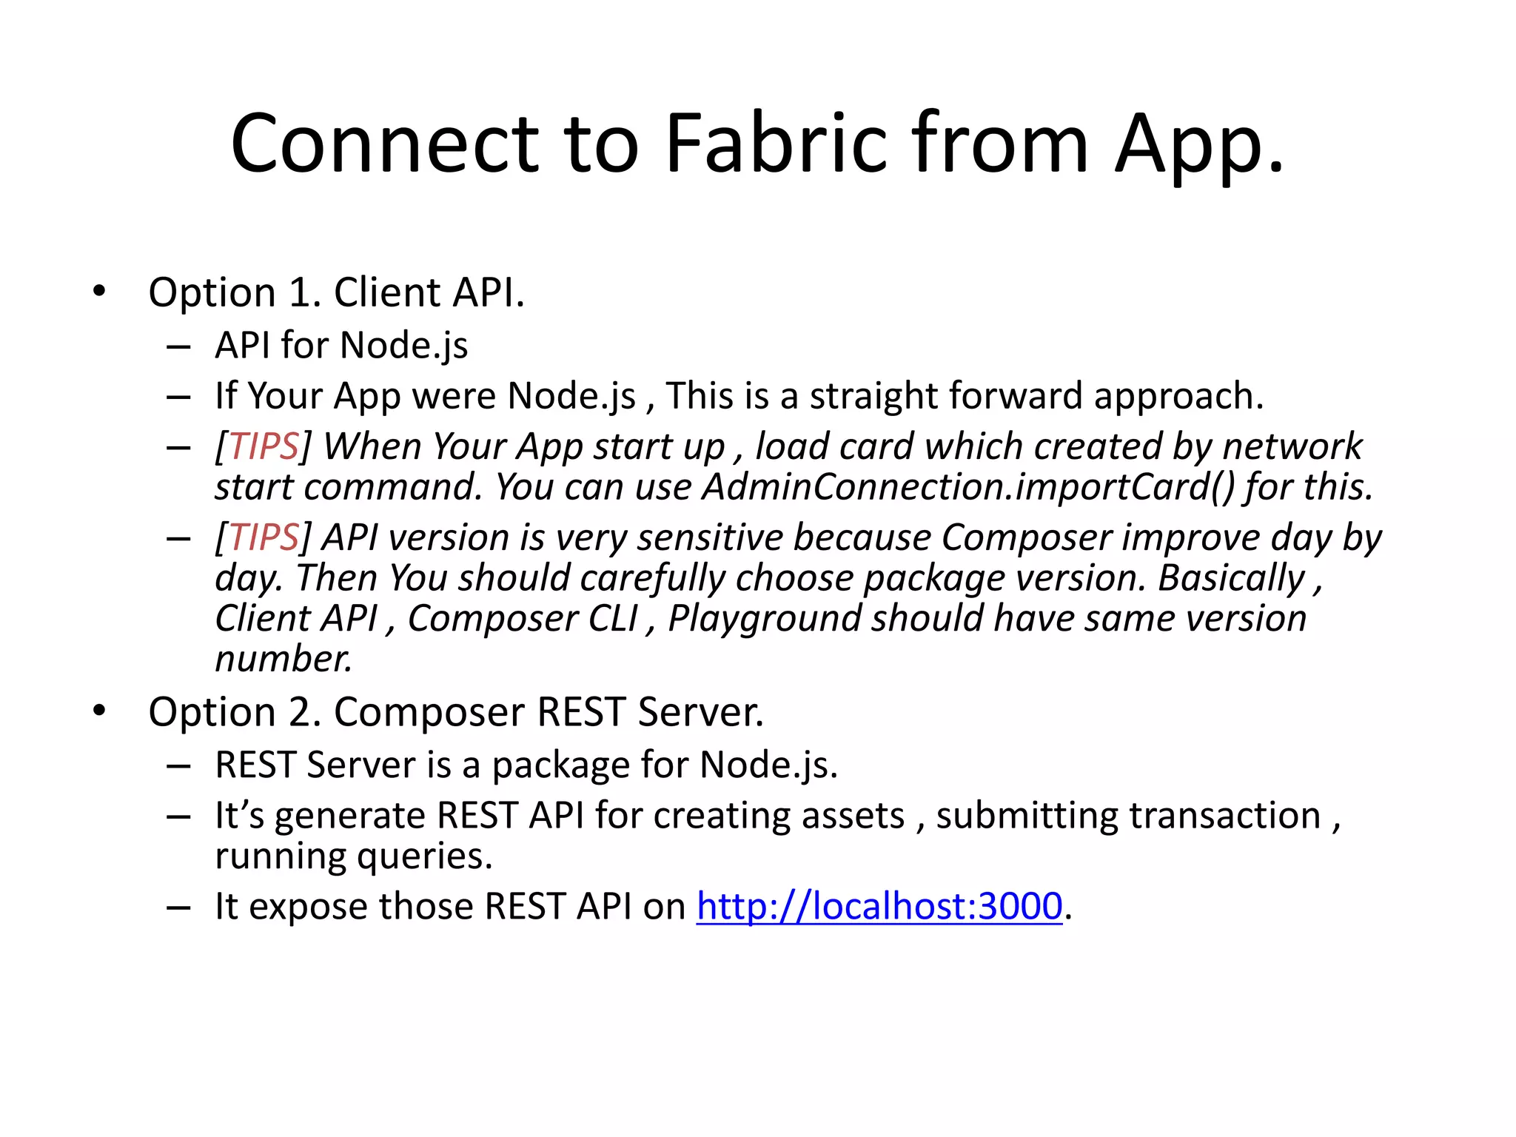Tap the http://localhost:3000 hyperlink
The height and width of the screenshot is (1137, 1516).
[x=879, y=906]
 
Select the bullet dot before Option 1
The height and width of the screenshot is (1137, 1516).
[x=99, y=291]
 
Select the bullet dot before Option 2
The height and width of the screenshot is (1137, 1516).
[x=99, y=711]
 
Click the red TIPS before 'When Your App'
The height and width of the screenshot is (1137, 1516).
[x=264, y=446]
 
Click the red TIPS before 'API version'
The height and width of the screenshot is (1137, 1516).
[x=264, y=537]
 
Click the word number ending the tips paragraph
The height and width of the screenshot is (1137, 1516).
[x=283, y=658]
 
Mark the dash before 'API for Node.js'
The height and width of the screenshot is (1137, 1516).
[x=178, y=346]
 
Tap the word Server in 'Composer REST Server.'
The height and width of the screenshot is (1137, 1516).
[x=700, y=712]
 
